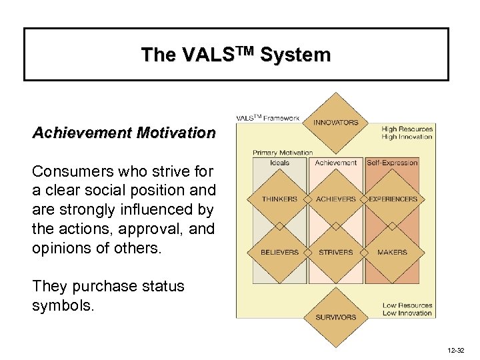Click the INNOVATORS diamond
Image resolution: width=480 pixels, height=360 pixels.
point(336,123)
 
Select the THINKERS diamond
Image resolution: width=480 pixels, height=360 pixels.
point(280,199)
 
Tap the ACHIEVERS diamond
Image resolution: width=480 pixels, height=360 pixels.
point(336,199)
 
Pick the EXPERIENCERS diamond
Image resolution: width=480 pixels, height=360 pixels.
point(392,199)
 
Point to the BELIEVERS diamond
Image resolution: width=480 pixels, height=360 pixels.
point(280,253)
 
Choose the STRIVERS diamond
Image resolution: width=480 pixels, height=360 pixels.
point(336,253)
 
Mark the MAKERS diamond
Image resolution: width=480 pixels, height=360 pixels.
point(392,253)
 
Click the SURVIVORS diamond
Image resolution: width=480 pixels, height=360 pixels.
point(336,317)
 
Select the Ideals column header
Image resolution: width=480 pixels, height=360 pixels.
point(280,163)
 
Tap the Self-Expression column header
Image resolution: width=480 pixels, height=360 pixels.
point(392,163)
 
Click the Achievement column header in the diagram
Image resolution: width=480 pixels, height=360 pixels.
point(336,163)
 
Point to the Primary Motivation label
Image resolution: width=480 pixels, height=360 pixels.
point(283,153)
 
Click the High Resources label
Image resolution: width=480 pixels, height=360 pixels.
point(407,129)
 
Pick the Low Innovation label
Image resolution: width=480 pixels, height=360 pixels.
point(407,313)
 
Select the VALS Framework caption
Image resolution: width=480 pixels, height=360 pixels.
point(268,118)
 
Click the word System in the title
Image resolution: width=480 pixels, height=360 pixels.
point(295,55)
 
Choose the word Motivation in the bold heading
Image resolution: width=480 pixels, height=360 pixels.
point(175,133)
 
